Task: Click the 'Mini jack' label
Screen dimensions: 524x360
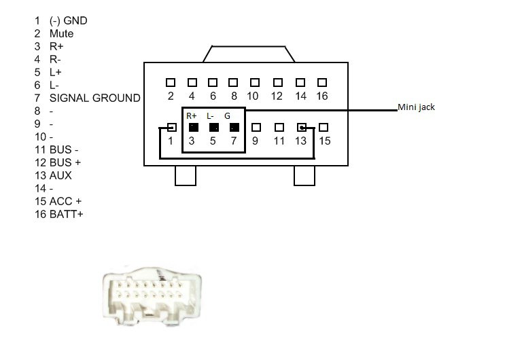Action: point(416,107)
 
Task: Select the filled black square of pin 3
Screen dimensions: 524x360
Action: point(194,128)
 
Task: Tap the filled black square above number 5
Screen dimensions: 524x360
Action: point(214,128)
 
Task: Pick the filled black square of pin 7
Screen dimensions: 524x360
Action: point(234,128)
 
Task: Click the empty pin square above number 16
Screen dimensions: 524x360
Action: point(322,82)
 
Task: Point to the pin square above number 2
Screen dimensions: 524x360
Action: point(171,82)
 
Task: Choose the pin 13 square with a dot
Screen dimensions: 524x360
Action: point(302,127)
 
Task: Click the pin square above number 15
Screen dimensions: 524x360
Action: point(323,127)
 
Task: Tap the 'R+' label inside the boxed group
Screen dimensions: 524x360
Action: point(192,116)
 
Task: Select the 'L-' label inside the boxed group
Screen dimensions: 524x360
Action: point(210,116)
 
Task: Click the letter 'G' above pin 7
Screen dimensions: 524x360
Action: point(227,116)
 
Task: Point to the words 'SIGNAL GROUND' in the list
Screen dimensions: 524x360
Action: point(95,98)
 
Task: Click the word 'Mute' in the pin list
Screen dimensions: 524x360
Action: point(61,33)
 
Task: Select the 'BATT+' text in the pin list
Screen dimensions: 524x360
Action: point(66,214)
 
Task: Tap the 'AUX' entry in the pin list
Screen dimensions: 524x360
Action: point(60,175)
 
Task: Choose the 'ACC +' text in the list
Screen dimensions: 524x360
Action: point(65,201)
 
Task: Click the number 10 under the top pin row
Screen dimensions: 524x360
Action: point(252,96)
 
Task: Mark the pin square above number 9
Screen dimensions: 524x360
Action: point(256,127)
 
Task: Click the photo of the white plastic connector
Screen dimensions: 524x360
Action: point(152,296)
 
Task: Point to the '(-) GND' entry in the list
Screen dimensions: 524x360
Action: point(68,20)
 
